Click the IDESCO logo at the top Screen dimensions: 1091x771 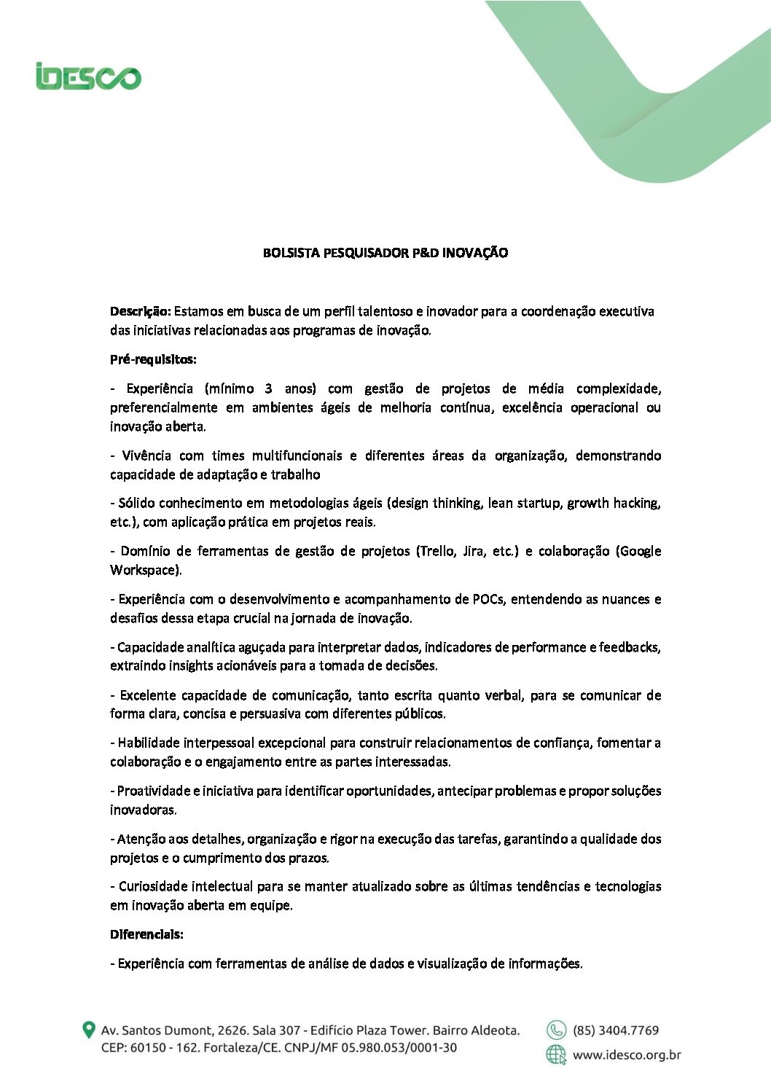[x=88, y=77]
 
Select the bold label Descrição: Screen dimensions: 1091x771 [x=141, y=311]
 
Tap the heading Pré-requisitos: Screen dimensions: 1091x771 [x=153, y=359]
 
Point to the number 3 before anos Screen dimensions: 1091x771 [x=268, y=388]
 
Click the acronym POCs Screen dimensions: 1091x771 [x=488, y=599]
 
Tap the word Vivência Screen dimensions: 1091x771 [x=146, y=455]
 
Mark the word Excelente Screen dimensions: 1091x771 [x=146, y=695]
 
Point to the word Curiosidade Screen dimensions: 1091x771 [x=153, y=886]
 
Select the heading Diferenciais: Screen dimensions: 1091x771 [x=146, y=934]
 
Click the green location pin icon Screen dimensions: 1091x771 [x=89, y=1031]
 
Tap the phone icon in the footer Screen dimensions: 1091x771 [x=556, y=1030]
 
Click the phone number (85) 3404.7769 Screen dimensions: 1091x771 [x=616, y=1031]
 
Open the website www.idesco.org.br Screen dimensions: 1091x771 [x=627, y=1055]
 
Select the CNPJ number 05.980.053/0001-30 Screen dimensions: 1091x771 [x=399, y=1048]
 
